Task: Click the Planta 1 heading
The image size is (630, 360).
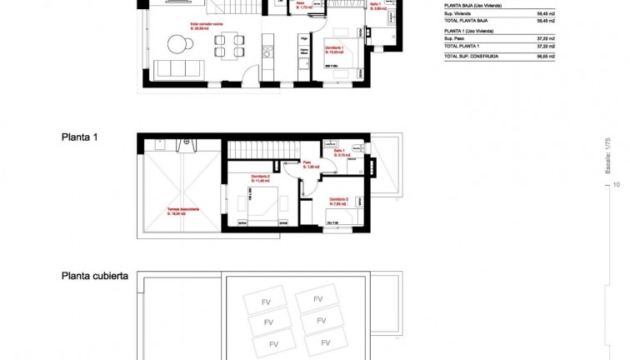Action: (80, 137)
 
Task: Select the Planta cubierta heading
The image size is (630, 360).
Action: (94, 276)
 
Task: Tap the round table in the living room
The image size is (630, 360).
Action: (177, 42)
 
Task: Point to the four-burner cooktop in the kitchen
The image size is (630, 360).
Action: (268, 52)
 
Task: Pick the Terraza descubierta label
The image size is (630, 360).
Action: (182, 211)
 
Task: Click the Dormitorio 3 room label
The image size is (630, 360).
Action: (338, 199)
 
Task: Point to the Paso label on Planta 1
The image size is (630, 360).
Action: (307, 163)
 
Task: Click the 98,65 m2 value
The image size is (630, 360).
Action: (569, 57)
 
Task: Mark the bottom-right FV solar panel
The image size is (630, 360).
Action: (323, 342)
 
